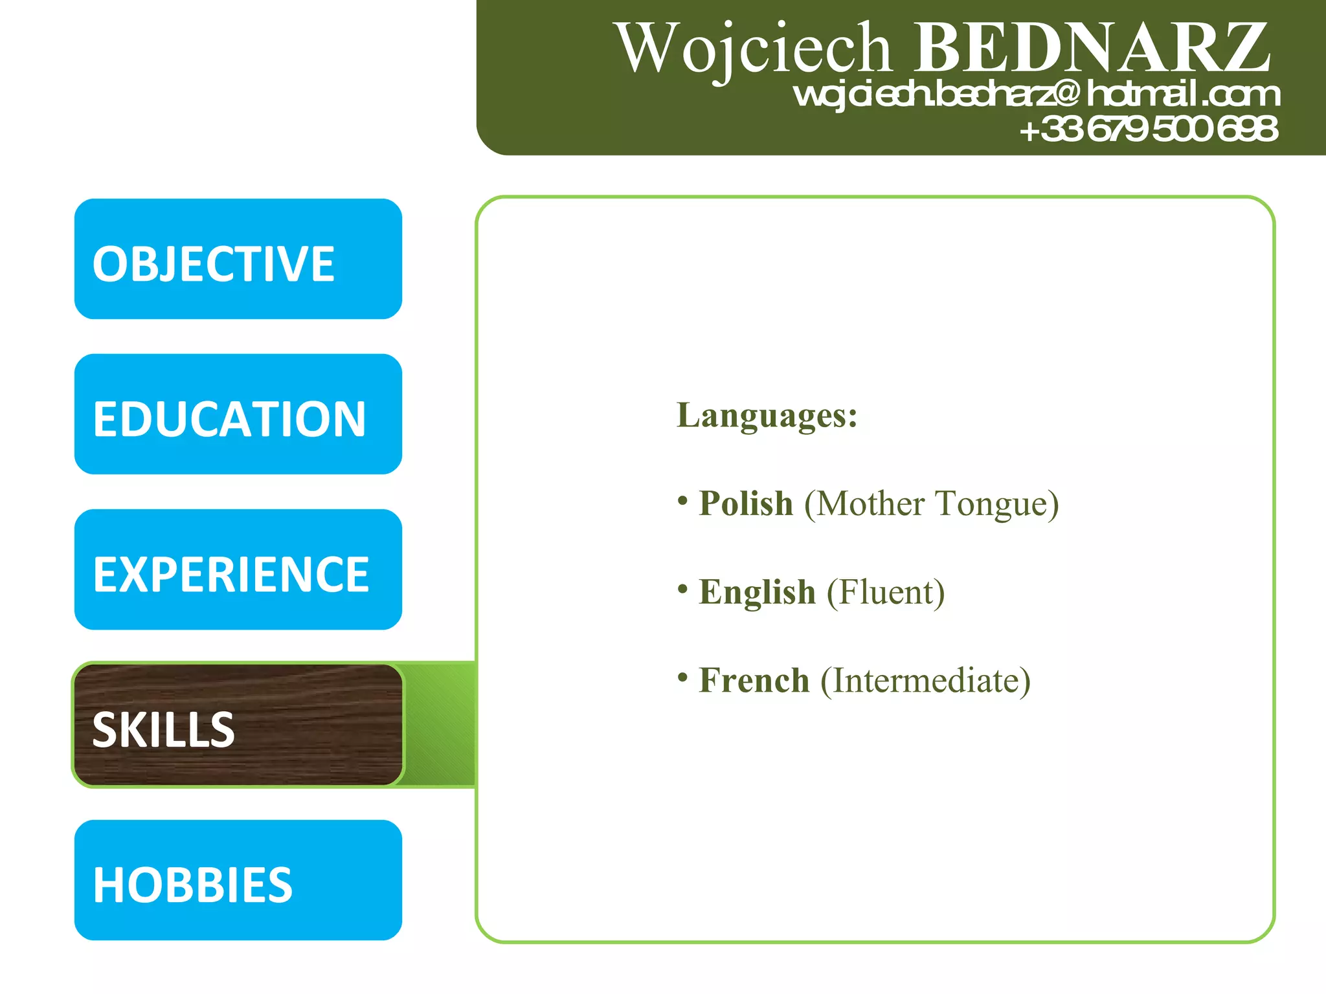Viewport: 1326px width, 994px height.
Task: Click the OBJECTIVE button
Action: (238, 259)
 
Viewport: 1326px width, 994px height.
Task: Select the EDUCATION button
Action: (238, 414)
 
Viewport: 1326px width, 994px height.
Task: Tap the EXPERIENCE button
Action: (238, 569)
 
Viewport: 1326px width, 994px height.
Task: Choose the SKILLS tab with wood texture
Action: (238, 725)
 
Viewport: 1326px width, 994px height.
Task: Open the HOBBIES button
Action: (238, 880)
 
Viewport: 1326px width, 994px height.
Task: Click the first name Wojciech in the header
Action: (754, 49)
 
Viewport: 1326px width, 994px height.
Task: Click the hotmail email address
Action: (1036, 94)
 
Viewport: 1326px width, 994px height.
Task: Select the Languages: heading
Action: (767, 415)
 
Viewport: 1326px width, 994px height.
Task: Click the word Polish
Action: (746, 503)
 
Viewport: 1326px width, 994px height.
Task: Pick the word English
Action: (757, 592)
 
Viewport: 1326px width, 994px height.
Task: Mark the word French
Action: (754, 681)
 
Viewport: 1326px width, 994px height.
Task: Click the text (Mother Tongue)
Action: (932, 504)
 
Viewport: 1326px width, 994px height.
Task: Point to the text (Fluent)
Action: (886, 592)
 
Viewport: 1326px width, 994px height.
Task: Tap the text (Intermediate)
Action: (926, 681)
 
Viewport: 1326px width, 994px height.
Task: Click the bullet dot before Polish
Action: (682, 500)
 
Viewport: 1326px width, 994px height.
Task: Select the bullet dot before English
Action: (682, 589)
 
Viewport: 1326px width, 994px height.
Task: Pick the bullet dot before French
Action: (682, 678)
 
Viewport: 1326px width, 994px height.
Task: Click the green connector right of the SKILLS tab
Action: (440, 725)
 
